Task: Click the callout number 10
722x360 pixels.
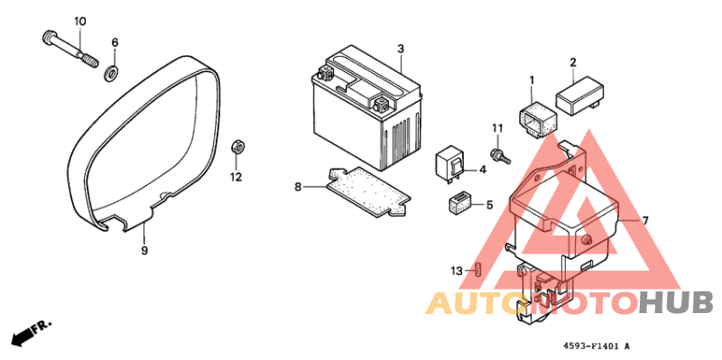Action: click(x=79, y=21)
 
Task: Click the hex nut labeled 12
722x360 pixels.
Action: click(x=236, y=147)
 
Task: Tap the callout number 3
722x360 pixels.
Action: click(x=400, y=48)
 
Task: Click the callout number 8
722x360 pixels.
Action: click(x=297, y=187)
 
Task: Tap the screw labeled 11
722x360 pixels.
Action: click(x=499, y=155)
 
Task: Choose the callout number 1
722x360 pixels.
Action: click(x=532, y=79)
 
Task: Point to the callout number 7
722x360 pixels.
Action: click(x=645, y=220)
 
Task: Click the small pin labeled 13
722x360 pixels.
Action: click(x=480, y=270)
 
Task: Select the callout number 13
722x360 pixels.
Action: click(x=458, y=271)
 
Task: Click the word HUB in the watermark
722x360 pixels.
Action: click(x=676, y=302)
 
